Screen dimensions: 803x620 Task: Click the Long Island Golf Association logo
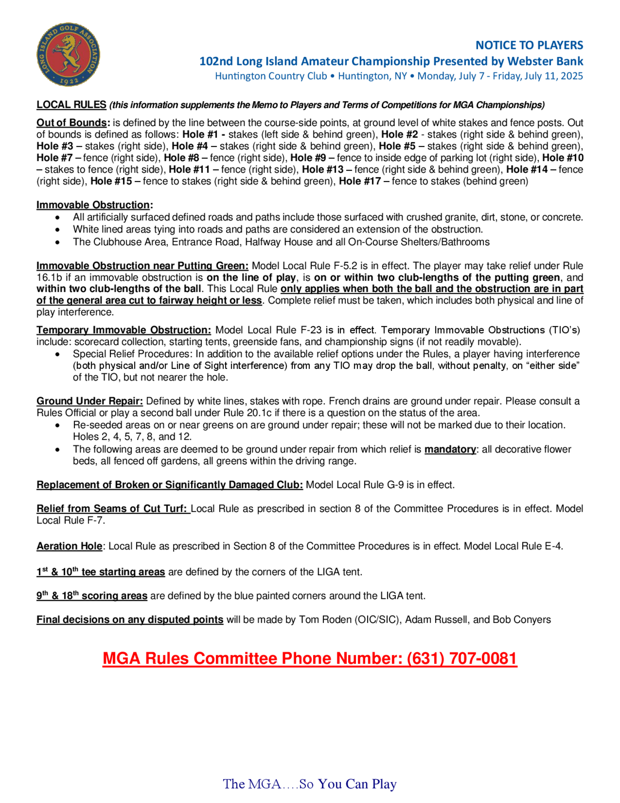click(68, 54)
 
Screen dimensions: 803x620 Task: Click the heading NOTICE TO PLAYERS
click(529, 45)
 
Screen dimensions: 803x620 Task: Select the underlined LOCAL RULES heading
click(71, 105)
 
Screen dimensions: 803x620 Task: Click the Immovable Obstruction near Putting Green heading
click(142, 266)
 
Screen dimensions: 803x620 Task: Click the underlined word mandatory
click(450, 449)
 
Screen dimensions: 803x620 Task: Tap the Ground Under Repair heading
click(90, 401)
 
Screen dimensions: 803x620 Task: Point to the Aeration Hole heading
click(69, 546)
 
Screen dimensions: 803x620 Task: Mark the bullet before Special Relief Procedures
click(57, 354)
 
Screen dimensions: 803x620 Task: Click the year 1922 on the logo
click(69, 81)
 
